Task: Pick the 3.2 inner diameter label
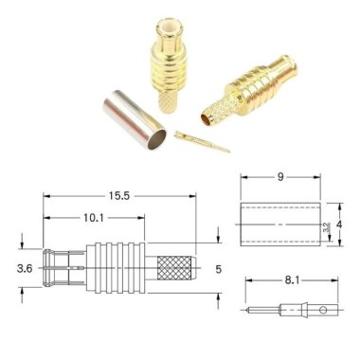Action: (327, 228)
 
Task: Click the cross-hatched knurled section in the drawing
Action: (176, 269)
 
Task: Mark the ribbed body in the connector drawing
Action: (118, 269)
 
